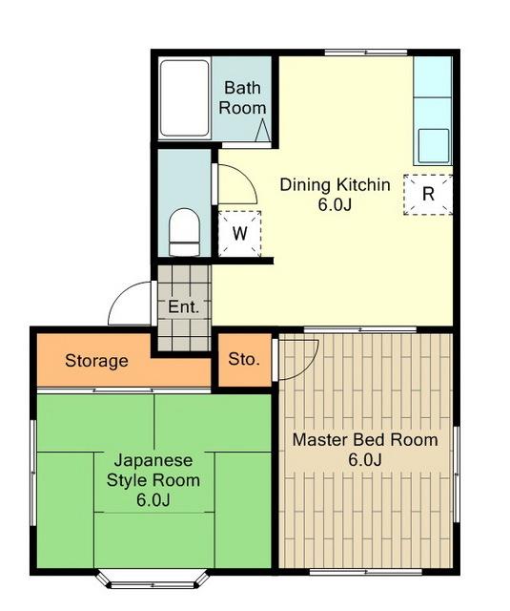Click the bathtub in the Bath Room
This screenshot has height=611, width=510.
tap(184, 97)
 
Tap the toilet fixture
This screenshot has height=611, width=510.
tap(184, 232)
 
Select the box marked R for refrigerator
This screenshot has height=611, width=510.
tap(428, 194)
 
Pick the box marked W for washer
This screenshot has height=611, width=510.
tap(239, 233)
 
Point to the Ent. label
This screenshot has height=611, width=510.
tap(183, 307)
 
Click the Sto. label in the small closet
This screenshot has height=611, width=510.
tap(242, 360)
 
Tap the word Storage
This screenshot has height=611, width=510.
tap(96, 361)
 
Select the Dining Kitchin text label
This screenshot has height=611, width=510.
tap(335, 184)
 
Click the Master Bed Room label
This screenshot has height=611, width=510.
tap(364, 440)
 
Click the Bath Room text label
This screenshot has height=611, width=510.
tap(242, 97)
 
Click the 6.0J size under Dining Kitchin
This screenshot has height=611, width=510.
tap(335, 204)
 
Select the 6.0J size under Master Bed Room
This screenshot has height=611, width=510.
tap(364, 460)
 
